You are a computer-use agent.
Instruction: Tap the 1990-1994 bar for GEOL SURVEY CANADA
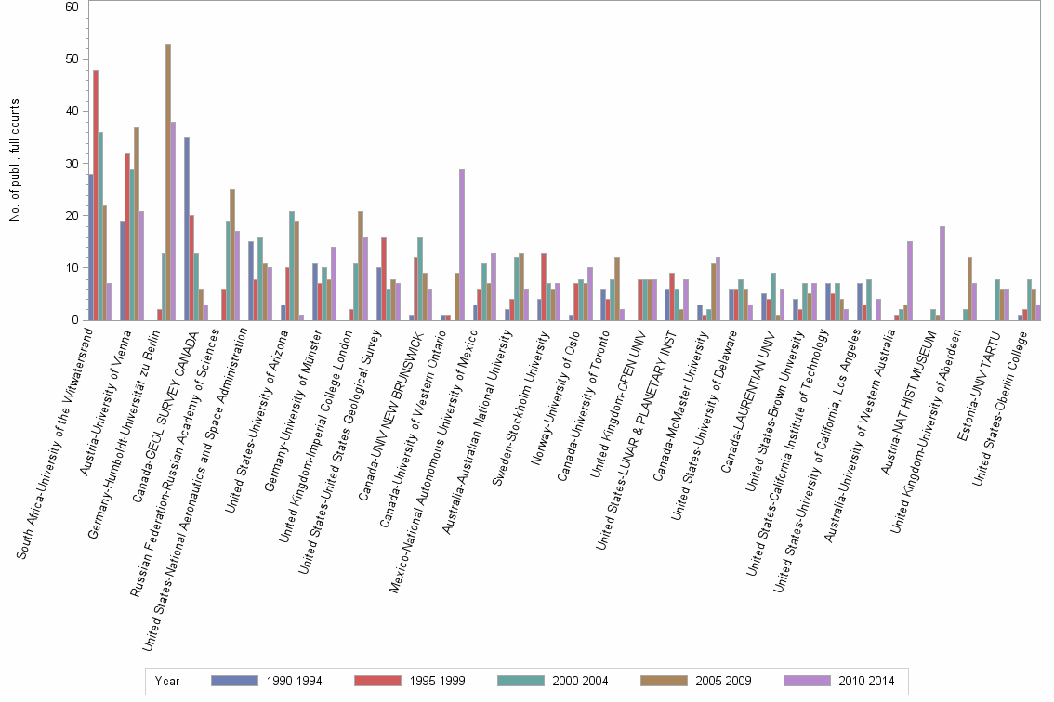click(x=187, y=228)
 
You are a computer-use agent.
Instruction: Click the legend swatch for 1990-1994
click(x=234, y=681)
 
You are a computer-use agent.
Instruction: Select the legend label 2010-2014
click(x=868, y=681)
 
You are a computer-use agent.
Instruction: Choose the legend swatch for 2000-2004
click(x=520, y=681)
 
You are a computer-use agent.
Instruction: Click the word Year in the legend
click(x=168, y=681)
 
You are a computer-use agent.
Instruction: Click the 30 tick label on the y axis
click(x=72, y=163)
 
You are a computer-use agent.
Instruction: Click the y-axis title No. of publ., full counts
click(x=14, y=163)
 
